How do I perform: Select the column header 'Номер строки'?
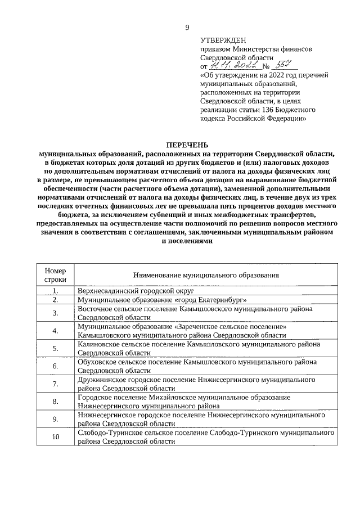56,274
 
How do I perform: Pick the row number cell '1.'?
56,291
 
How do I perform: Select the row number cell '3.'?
56,313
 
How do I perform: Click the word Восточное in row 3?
96,309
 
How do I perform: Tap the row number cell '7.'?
56,384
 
